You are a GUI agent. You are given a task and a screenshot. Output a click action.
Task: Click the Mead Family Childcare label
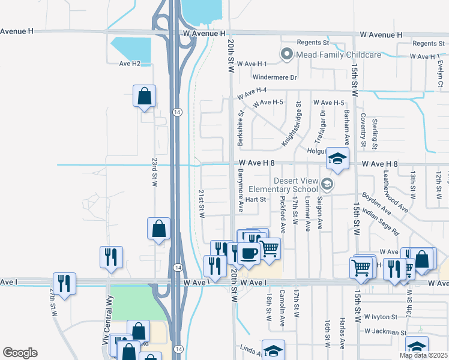pyautogui.click(x=337, y=55)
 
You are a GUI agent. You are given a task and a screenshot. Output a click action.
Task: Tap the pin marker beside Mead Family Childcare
pyautogui.click(x=286, y=55)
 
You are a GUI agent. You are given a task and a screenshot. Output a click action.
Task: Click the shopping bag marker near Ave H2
pyautogui.click(x=145, y=96)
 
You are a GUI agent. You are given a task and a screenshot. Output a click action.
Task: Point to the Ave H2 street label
pyautogui.click(x=129, y=63)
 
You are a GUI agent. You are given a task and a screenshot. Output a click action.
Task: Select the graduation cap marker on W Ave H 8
pyautogui.click(x=337, y=160)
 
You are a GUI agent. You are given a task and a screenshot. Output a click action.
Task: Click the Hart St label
pyautogui.click(x=255, y=199)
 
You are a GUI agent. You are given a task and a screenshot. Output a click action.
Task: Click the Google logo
pyautogui.click(x=20, y=353)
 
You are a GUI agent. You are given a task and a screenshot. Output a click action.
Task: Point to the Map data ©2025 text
pyautogui.click(x=423, y=355)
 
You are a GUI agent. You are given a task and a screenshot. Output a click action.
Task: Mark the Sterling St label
pyautogui.click(x=375, y=134)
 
